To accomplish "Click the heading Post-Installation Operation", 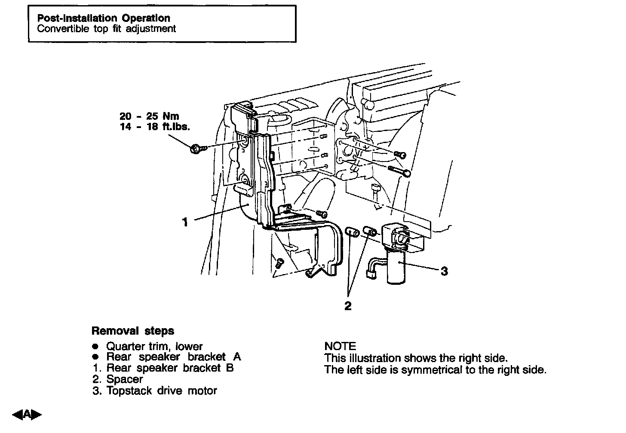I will (x=104, y=18).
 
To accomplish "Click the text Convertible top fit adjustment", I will (x=107, y=29).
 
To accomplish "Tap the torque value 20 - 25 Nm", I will (x=149, y=116).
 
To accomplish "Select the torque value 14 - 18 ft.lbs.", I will (x=155, y=127).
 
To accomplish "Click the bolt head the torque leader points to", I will (x=194, y=149).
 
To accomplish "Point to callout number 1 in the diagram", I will (x=185, y=222).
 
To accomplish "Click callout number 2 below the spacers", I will (x=348, y=306).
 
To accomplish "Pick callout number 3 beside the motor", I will (x=444, y=271).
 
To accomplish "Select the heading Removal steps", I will (x=133, y=331).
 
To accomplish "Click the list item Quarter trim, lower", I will (x=154, y=346).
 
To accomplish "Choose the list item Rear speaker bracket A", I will (x=173, y=357).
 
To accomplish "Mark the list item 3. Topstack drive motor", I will (x=155, y=391).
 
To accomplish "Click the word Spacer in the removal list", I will (x=124, y=379).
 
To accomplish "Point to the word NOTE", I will (x=340, y=346).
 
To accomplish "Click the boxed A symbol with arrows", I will (x=27, y=415).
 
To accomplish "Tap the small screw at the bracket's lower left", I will (x=278, y=262).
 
